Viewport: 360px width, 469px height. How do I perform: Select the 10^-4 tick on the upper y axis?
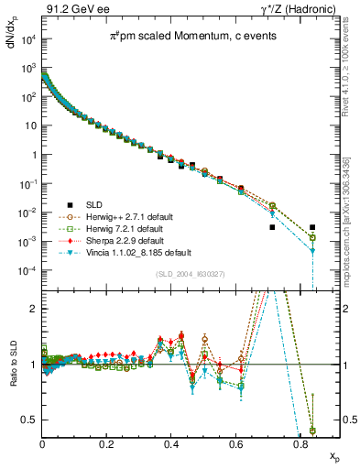pyautogui.click(x=27, y=271)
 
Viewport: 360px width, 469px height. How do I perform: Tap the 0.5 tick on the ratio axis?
pyautogui.click(x=31, y=420)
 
